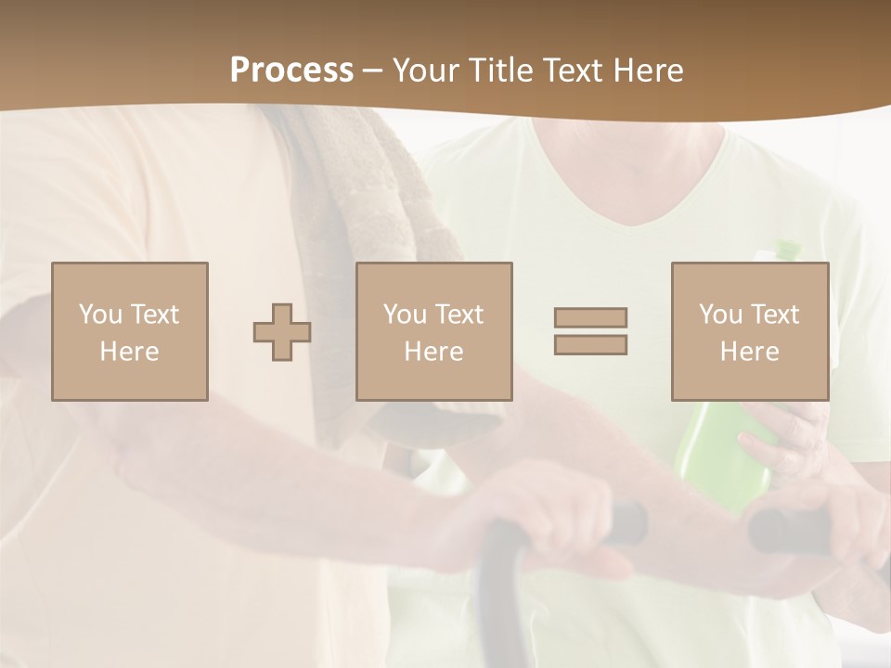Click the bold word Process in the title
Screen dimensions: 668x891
[291, 71]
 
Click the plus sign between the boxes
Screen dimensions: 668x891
[282, 331]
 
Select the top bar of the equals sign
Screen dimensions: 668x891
[590, 317]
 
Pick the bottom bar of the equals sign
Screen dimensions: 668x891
[590, 344]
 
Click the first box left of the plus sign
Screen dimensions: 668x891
[130, 331]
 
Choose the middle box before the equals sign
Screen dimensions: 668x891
[433, 331]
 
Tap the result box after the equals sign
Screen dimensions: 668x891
[750, 331]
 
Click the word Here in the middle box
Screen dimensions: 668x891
[433, 352]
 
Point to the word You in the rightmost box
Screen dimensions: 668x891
[720, 315]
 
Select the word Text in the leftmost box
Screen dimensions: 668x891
[154, 315]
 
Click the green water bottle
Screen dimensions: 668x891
[724, 455]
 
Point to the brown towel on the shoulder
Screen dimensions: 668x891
[371, 213]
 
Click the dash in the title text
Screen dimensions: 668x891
[373, 71]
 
